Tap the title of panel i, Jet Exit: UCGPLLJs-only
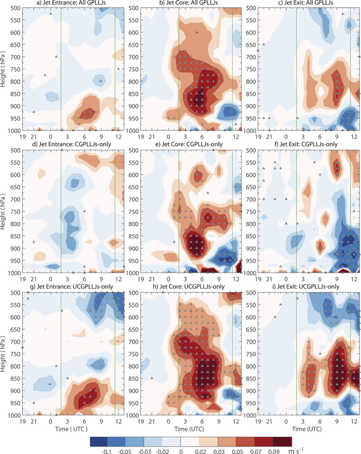click(x=308, y=287)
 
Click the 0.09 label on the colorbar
click(x=274, y=451)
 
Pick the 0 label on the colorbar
click(x=181, y=451)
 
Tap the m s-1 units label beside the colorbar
click(x=296, y=451)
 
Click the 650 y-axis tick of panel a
click(x=16, y=45)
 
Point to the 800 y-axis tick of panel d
click(x=16, y=224)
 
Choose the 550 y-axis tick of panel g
click(x=16, y=305)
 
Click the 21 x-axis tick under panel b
click(x=152, y=137)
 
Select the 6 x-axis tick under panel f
click(x=320, y=279)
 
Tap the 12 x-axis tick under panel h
click(x=236, y=421)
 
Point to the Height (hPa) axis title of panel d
click(x=3, y=211)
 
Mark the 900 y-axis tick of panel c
click(x=251, y=106)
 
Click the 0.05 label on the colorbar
click(x=237, y=451)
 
